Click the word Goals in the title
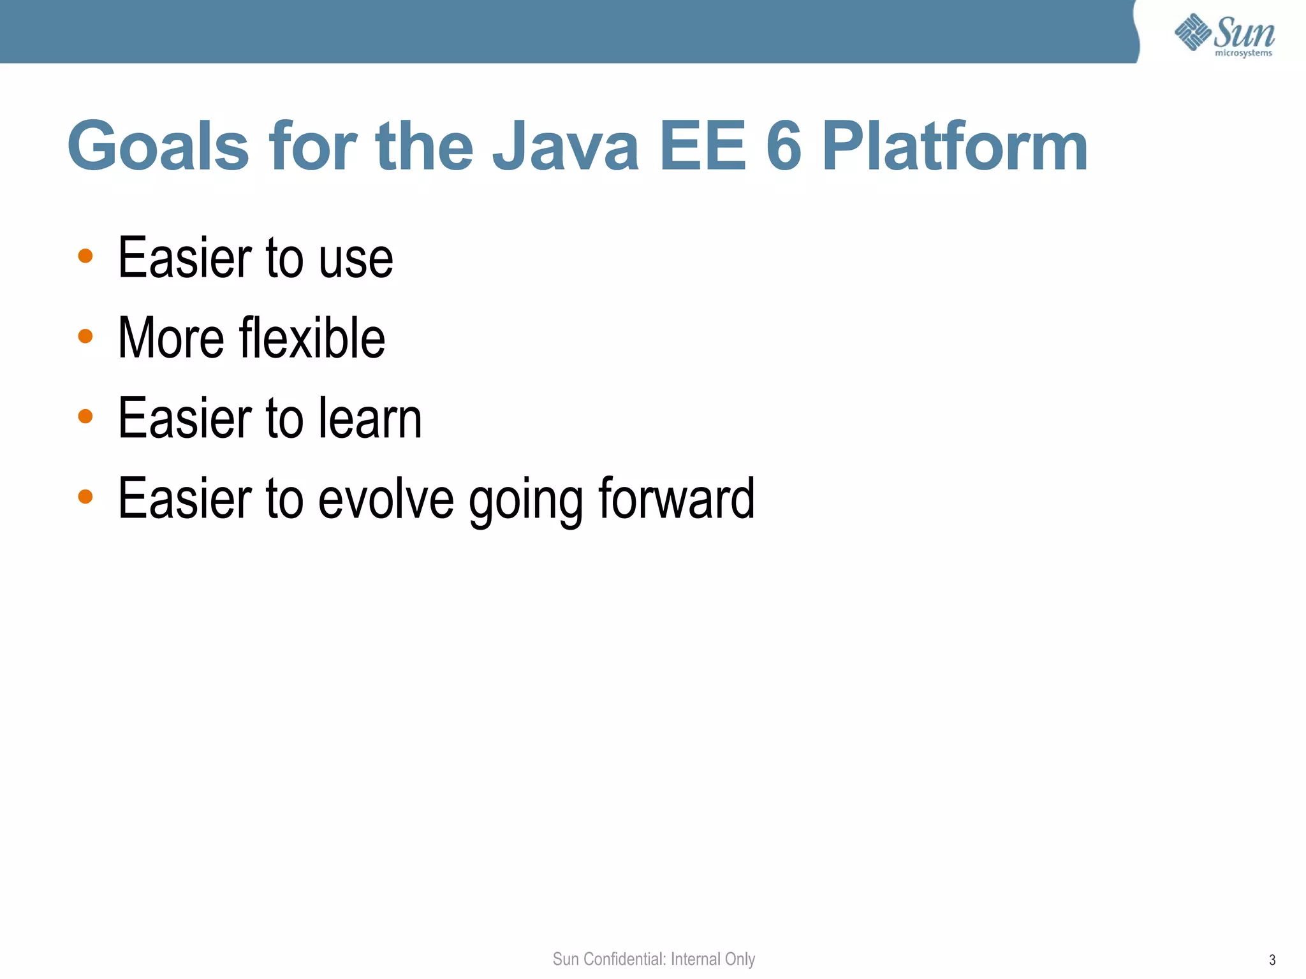pos(158,147)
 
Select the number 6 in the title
pos(783,147)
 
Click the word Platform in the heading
pos(955,147)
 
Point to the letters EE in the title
pos(703,147)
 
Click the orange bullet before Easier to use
pos(85,256)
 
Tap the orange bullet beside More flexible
pos(85,336)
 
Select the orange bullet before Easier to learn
pos(85,416)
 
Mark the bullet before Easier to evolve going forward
pos(85,496)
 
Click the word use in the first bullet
pos(356,259)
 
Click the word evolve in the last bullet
pos(386,498)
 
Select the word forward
pos(677,498)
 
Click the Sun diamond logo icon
pos(1192,32)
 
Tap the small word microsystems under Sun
pos(1243,54)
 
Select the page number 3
pos(1272,960)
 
